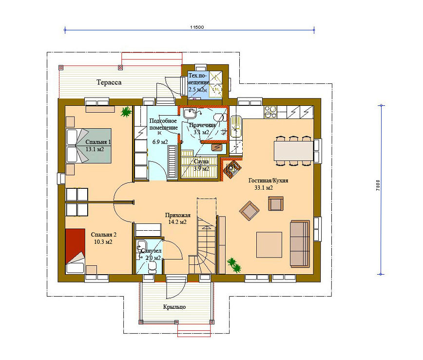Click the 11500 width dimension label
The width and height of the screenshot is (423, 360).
tap(197, 27)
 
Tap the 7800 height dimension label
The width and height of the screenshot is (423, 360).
tap(378, 185)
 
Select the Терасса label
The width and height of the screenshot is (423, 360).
tap(109, 82)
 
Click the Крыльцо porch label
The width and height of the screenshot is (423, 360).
tap(174, 307)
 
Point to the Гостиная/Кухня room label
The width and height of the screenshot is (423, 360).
tap(268, 180)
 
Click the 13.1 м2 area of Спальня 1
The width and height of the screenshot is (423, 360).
tap(95, 149)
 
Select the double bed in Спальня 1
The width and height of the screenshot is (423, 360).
tap(89, 146)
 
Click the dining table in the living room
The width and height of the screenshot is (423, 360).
tap(293, 151)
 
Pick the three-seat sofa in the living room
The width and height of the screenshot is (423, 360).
tap(300, 243)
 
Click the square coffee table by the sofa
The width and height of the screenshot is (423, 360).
tap(269, 245)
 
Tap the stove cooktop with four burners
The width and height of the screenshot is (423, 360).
tap(270, 112)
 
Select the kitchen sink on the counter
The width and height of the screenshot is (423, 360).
tap(236, 126)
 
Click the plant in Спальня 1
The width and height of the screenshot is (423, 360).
tap(126, 112)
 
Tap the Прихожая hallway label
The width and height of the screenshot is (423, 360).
tap(178, 215)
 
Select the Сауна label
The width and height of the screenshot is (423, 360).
tap(201, 161)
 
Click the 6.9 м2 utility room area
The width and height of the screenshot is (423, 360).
tap(160, 142)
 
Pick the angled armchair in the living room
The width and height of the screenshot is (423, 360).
tap(249, 211)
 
